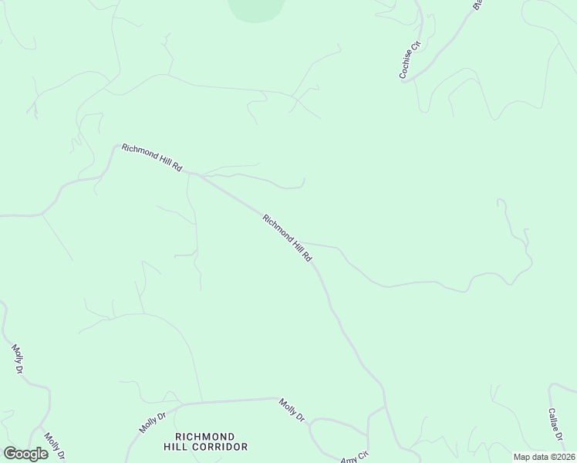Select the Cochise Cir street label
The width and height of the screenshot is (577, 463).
pos(409,60)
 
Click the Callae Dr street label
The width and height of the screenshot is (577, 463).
pos(555,425)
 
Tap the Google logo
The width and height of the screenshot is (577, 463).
pos(25,454)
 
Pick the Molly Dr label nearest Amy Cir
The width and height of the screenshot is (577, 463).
pos(292,410)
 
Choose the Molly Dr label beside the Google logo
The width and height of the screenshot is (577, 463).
pos(53,444)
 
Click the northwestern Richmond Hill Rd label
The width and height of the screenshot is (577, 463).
pos(151,157)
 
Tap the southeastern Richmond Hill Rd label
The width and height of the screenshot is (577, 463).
pos(287,238)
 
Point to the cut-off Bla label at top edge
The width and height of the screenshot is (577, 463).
pos(477,4)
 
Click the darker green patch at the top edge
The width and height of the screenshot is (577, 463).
pos(257,8)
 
